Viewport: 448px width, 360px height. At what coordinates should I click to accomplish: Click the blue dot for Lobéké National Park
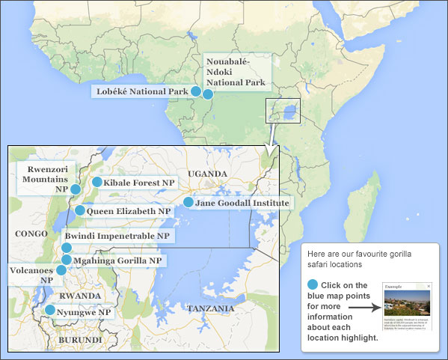196,91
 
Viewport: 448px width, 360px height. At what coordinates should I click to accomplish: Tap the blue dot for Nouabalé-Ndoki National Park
208,94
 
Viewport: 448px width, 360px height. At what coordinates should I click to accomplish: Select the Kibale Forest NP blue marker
96,182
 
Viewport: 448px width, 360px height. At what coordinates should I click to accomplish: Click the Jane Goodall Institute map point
188,202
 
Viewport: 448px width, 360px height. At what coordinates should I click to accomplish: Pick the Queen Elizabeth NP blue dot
80,210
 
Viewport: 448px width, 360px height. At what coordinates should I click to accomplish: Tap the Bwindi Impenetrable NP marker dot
67,248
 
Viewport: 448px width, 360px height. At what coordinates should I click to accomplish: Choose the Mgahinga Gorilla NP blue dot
67,260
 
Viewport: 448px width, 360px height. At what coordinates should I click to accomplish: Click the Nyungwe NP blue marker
49,310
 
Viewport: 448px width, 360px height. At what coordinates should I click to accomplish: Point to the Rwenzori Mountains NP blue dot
76,189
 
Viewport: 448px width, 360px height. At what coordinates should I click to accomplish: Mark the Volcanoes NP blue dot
61,269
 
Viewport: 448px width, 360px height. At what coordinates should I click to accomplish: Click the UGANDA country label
207,174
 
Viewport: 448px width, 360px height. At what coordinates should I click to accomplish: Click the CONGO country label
31,234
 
